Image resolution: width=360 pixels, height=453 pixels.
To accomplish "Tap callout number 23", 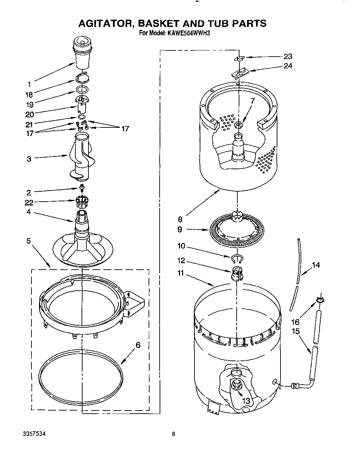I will [287, 57].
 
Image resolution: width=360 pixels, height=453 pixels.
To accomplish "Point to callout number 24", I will [287, 66].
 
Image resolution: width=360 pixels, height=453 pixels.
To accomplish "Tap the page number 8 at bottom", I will [173, 434].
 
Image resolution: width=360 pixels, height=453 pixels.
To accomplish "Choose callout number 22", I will [29, 203].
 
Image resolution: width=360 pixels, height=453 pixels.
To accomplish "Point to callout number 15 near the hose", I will [295, 331].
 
